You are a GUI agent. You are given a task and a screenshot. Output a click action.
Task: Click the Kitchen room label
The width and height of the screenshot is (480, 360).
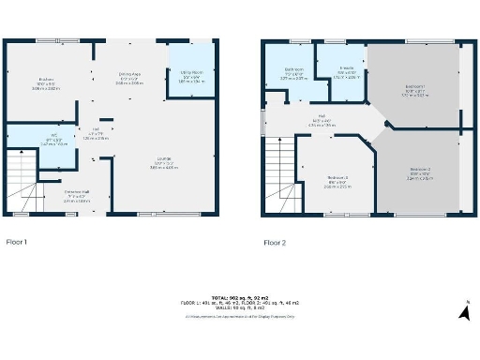point(46,79)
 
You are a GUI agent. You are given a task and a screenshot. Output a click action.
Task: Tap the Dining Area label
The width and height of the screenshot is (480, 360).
point(130,74)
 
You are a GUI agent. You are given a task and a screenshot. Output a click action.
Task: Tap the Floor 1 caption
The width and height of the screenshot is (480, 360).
point(17,242)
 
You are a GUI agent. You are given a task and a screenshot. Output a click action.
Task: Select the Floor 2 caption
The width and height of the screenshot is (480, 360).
point(275,242)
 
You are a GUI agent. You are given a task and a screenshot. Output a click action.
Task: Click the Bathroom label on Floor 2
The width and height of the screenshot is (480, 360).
point(294,69)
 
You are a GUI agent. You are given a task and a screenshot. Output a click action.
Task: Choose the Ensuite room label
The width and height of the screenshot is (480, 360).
point(347,70)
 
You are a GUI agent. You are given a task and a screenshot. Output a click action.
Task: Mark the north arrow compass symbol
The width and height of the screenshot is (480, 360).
point(463,312)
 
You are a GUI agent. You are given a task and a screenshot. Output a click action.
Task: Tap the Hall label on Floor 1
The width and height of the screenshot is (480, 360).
point(97,132)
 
